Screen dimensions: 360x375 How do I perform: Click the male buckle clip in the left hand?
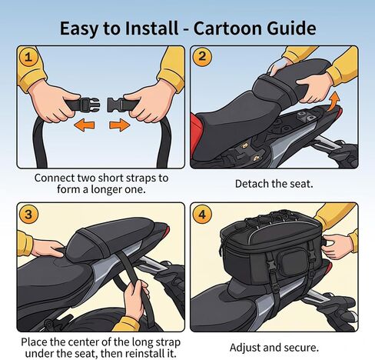coord(88,104)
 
